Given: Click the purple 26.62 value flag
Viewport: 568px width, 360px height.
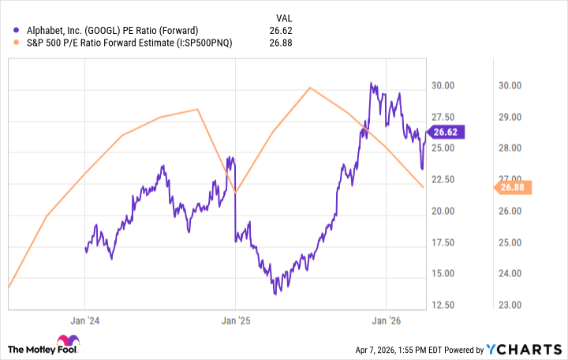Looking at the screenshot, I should [x=447, y=133].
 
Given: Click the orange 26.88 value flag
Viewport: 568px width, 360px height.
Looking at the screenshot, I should [x=514, y=187].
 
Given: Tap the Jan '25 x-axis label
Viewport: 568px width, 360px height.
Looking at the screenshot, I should [x=235, y=321].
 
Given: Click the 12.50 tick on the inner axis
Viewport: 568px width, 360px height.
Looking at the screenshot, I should [x=442, y=305].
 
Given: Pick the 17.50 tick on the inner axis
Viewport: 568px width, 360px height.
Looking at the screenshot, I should [x=442, y=242].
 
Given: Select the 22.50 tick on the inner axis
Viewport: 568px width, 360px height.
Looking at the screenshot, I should [x=442, y=179].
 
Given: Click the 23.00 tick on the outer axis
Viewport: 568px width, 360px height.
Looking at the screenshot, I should [x=513, y=305].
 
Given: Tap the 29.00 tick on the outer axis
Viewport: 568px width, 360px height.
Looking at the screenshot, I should [x=513, y=117].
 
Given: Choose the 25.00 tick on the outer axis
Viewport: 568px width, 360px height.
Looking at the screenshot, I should [x=513, y=242].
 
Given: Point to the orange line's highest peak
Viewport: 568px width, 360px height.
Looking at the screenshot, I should [x=311, y=88].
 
